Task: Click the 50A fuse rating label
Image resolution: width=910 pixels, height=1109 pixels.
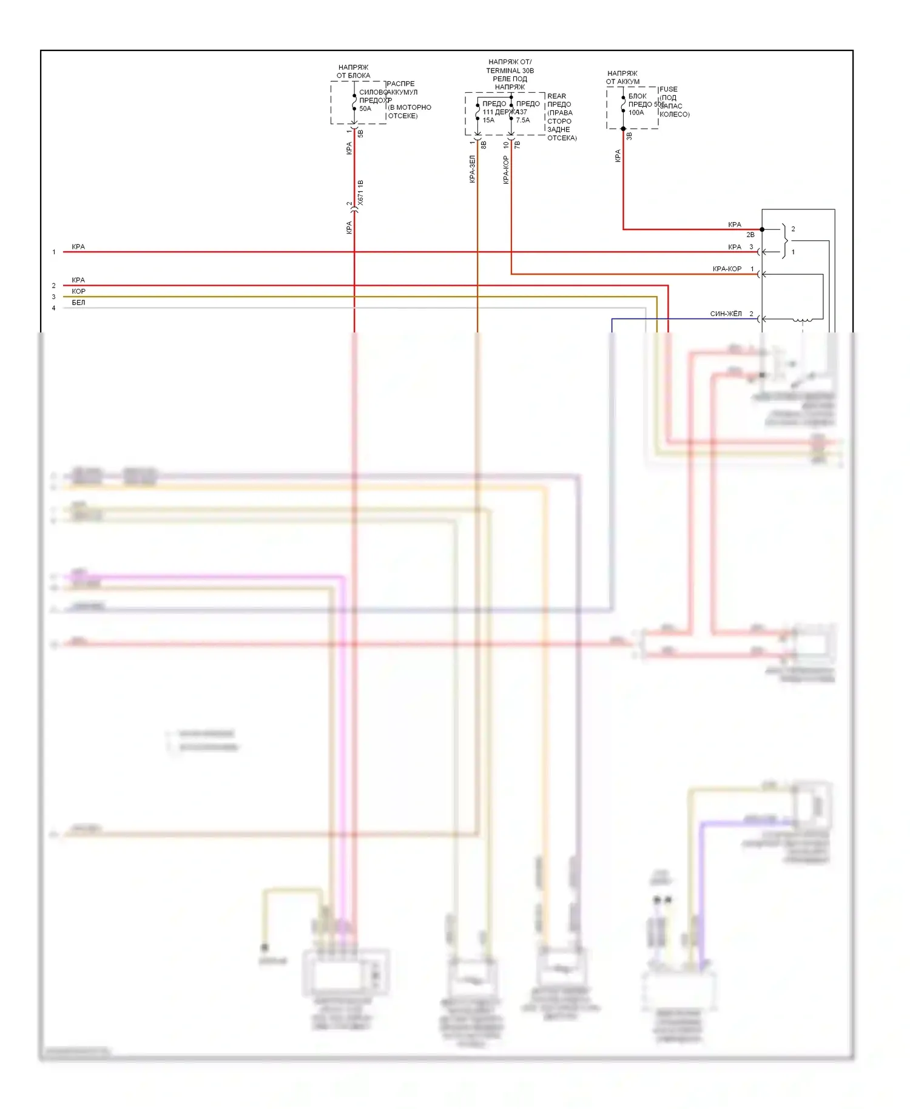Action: [x=365, y=109]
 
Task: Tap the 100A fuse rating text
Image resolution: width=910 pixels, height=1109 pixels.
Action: [x=636, y=113]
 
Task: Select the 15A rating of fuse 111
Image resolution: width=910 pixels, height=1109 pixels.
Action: [x=488, y=120]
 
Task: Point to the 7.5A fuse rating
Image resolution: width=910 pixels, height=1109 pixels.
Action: [x=523, y=120]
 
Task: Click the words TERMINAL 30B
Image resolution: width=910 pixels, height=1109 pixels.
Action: [x=510, y=70]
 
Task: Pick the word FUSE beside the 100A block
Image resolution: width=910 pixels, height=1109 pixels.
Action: [x=669, y=89]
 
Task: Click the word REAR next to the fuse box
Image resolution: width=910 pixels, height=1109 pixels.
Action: [x=556, y=96]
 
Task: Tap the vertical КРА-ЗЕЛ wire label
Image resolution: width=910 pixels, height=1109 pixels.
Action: [x=472, y=169]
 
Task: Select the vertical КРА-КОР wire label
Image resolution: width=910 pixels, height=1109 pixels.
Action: [x=506, y=170]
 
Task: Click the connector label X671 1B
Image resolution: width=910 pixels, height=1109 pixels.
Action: [x=361, y=192]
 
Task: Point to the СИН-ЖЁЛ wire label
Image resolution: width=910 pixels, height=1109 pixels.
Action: [x=726, y=314]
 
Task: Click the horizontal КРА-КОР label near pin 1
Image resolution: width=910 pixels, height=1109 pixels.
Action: [x=727, y=269]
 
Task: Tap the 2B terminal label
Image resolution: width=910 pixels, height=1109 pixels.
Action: [x=750, y=235]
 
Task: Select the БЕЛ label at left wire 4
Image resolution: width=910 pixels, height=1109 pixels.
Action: [x=78, y=303]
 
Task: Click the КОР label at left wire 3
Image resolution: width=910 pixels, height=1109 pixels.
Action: [x=78, y=291]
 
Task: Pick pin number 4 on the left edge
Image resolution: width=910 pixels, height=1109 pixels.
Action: [x=53, y=308]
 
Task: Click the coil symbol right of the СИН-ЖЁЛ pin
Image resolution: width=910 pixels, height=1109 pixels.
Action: [x=803, y=319]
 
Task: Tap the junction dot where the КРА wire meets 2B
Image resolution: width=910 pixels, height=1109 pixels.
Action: [x=762, y=229]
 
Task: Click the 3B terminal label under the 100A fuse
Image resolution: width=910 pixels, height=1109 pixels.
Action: [x=629, y=137]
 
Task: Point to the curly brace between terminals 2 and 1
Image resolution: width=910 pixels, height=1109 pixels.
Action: [x=785, y=240]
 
